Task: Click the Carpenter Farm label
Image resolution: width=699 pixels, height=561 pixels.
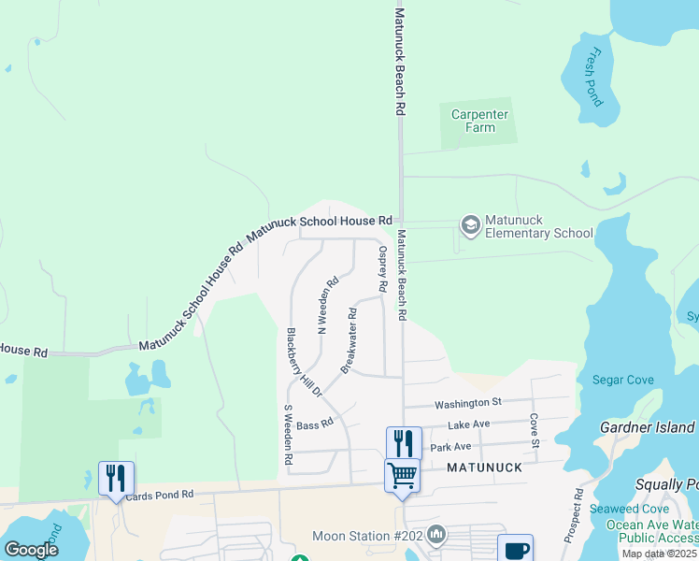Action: coord(479,121)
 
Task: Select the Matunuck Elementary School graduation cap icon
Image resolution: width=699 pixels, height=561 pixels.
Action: coord(470,225)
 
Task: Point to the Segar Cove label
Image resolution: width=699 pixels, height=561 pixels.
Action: coord(623,380)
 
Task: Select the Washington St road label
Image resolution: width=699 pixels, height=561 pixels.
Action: coord(468,403)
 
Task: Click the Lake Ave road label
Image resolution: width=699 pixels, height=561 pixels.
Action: coord(469,424)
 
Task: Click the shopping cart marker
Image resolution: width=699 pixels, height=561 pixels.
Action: coord(403,475)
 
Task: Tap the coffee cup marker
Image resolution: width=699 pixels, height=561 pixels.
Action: coord(515,549)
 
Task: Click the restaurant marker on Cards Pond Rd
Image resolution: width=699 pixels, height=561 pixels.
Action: coord(116,478)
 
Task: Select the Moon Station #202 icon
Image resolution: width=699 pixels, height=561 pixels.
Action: coord(436,535)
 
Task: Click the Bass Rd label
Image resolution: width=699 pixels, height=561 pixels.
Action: coord(314,424)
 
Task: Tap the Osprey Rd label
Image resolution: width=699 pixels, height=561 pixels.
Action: coord(381,267)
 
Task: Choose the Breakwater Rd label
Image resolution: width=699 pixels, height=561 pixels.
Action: coord(349,340)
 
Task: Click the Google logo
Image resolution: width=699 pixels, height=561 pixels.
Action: coord(32,549)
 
